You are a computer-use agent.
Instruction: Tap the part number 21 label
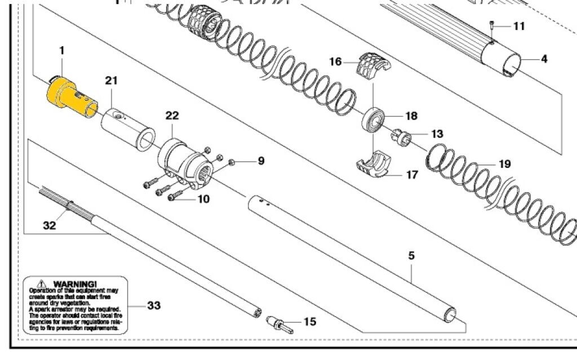(x=111, y=81)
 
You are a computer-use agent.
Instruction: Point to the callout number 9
(x=260, y=161)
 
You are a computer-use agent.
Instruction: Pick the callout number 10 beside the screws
(x=202, y=199)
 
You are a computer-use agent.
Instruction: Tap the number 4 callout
(x=543, y=59)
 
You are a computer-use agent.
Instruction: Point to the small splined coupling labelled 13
(x=401, y=137)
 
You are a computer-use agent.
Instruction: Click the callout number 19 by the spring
(x=504, y=164)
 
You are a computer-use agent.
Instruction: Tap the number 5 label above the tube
(x=411, y=256)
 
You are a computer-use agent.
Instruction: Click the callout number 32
(x=50, y=226)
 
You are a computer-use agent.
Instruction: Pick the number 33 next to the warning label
(x=154, y=305)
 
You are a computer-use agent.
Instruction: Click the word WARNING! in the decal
(x=74, y=283)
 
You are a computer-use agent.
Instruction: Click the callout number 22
(x=172, y=115)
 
